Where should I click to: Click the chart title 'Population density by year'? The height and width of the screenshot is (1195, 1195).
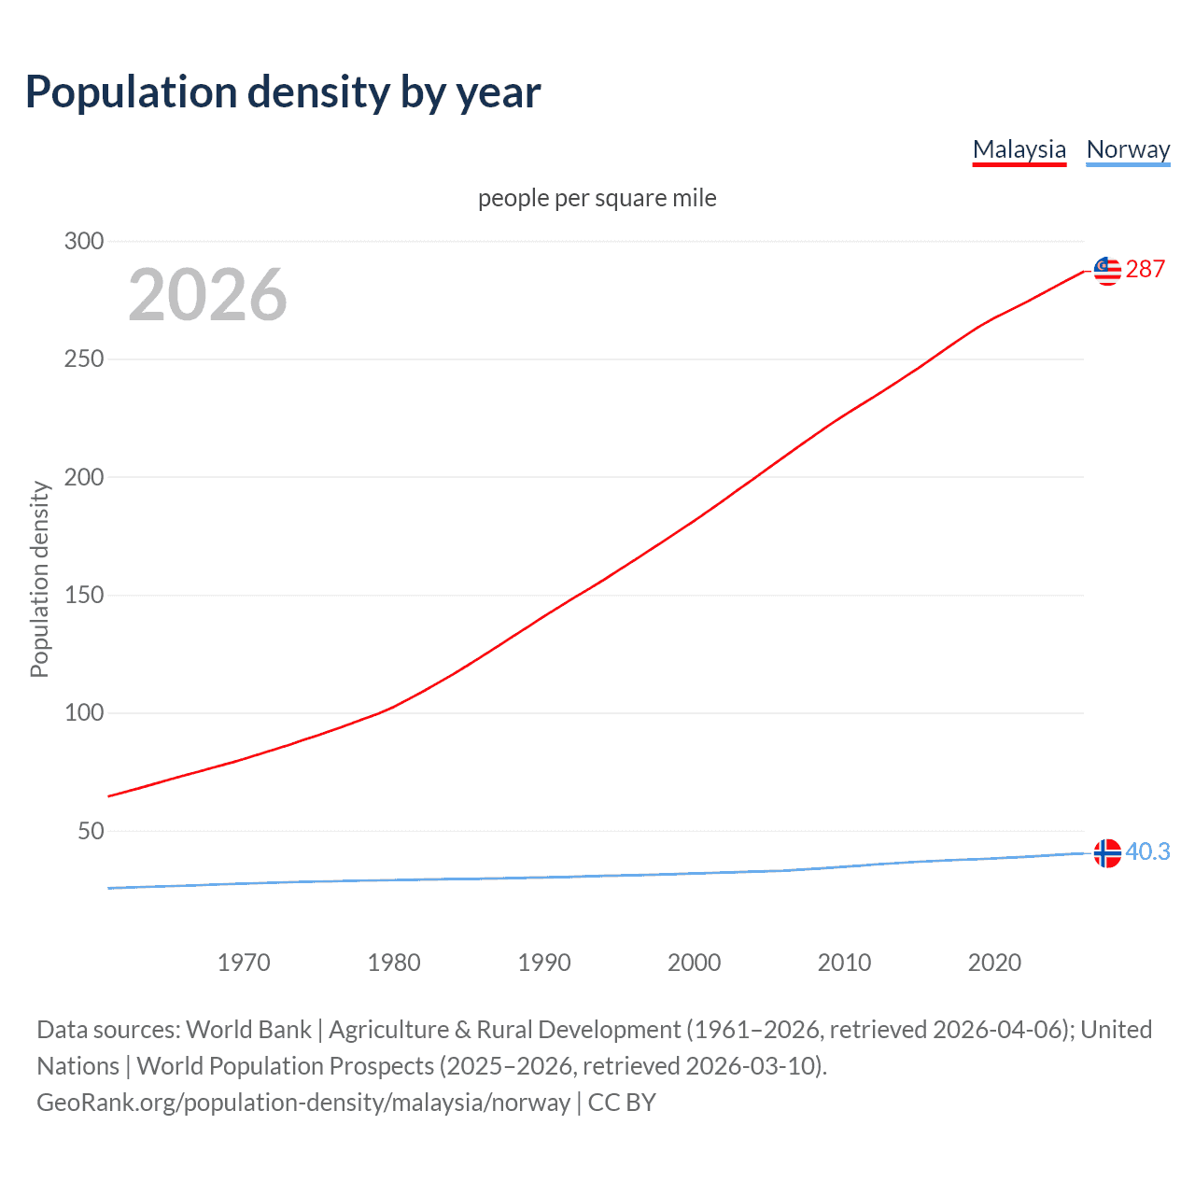(x=283, y=91)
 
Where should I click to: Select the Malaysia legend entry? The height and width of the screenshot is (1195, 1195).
(x=1019, y=149)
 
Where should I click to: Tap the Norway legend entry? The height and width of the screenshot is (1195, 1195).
(x=1128, y=149)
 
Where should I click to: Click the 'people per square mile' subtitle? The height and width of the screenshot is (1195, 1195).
(x=597, y=198)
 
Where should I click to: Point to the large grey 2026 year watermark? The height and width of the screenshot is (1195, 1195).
(x=207, y=295)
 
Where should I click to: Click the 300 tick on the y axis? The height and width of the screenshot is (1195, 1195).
(x=84, y=241)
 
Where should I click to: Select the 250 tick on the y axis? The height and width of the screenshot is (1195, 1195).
(x=84, y=358)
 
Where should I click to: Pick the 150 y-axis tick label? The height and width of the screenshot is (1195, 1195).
(x=84, y=595)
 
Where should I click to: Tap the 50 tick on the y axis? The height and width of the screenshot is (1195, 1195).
(x=91, y=831)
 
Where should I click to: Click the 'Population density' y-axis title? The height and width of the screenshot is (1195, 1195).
(x=39, y=579)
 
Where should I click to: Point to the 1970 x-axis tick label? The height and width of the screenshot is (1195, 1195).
(x=244, y=963)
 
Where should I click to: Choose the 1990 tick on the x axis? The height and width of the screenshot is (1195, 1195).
(x=544, y=963)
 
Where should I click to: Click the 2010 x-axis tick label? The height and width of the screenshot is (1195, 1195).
(x=844, y=963)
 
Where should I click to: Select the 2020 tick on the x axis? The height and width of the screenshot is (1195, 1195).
(x=994, y=963)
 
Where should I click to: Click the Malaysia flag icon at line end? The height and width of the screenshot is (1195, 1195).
(x=1107, y=271)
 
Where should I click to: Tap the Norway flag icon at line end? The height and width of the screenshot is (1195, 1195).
(x=1107, y=853)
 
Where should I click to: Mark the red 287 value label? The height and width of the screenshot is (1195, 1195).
(x=1146, y=269)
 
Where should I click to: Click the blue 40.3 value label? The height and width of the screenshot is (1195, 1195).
(x=1147, y=851)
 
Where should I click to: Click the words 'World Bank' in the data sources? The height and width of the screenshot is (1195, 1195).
(x=248, y=1030)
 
